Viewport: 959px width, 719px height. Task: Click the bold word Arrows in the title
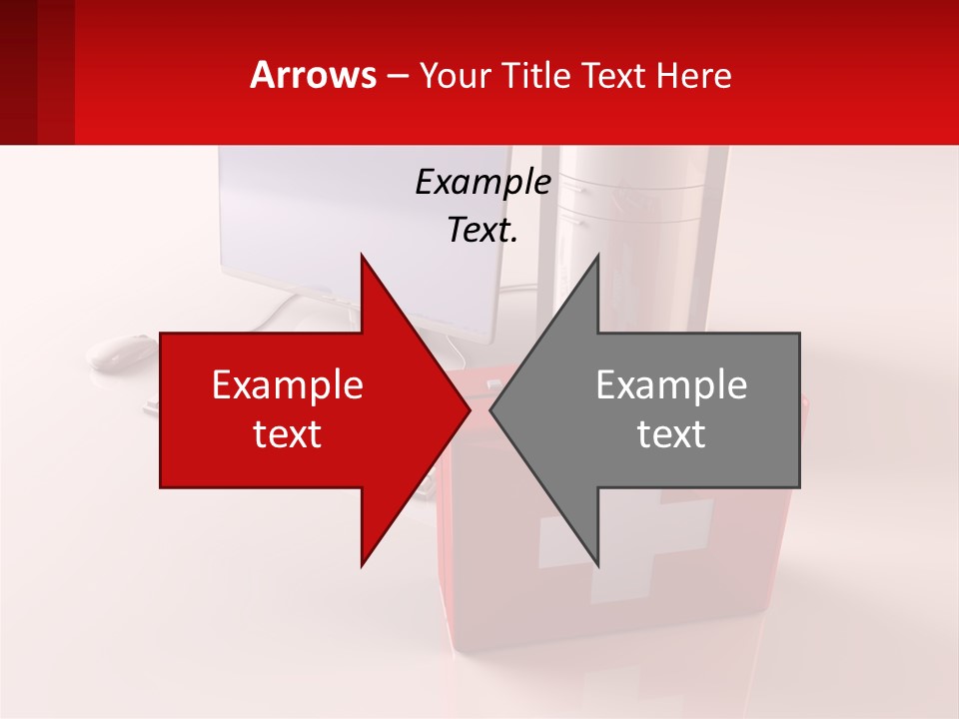click(314, 75)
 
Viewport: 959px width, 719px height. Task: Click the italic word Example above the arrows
click(482, 183)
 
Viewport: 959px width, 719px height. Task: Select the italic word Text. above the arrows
click(482, 231)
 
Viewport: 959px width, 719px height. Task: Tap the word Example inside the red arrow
click(288, 385)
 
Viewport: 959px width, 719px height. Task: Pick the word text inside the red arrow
click(288, 434)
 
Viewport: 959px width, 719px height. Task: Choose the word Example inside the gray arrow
click(671, 385)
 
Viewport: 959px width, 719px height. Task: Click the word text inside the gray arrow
click(671, 434)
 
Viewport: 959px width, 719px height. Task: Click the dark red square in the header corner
click(37, 72)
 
